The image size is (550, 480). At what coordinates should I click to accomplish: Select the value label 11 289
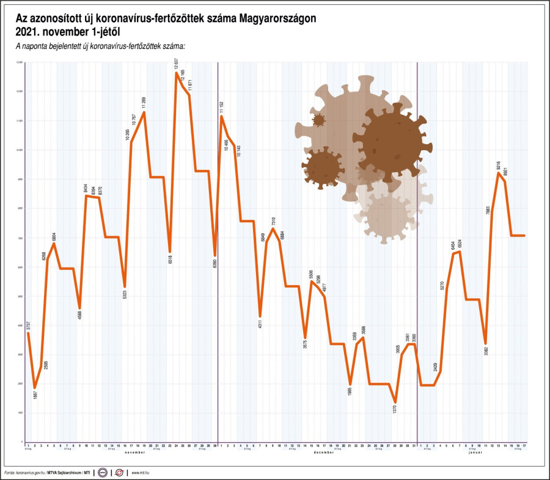(x=144, y=102)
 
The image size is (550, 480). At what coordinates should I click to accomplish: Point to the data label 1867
(x=35, y=396)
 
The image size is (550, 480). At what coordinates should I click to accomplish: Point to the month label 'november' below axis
(x=134, y=453)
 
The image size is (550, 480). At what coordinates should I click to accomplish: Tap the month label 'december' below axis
(x=324, y=453)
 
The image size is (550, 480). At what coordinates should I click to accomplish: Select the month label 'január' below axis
(x=475, y=453)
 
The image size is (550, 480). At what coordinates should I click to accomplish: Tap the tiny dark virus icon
(x=318, y=120)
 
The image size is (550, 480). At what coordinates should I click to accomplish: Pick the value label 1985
(x=350, y=391)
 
